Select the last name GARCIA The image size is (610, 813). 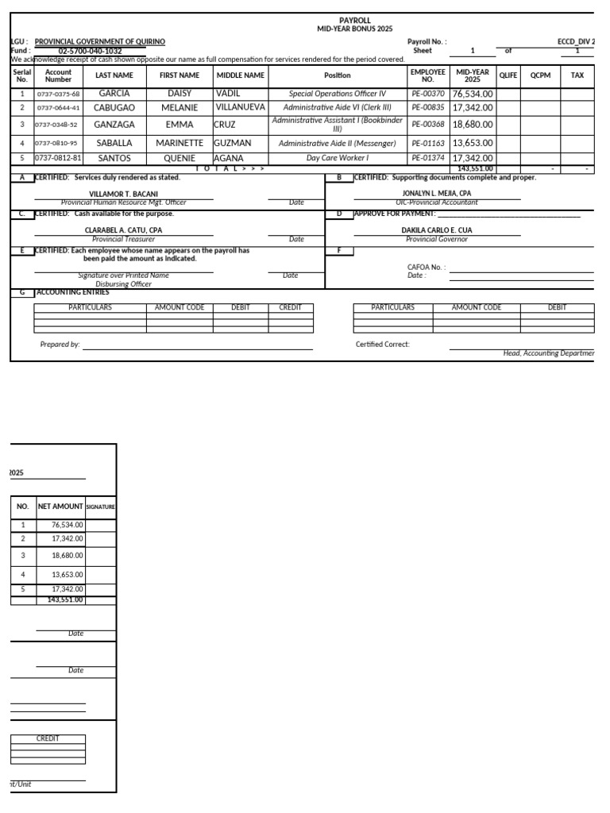(x=114, y=94)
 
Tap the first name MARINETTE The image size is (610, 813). (x=180, y=144)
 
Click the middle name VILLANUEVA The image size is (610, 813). (x=240, y=107)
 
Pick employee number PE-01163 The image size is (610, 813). (x=428, y=144)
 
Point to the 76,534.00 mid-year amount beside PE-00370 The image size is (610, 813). (x=473, y=94)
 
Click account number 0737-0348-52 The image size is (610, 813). (x=58, y=125)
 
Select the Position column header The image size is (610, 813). (x=338, y=75)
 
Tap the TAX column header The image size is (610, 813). (x=577, y=75)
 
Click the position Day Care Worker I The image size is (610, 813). (x=338, y=158)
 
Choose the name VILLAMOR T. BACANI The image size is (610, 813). (x=123, y=194)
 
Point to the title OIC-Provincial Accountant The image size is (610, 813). (x=437, y=202)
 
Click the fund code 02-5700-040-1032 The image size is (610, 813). (x=90, y=51)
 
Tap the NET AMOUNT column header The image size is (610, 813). (x=60, y=506)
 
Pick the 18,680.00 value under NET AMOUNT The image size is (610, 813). (x=67, y=556)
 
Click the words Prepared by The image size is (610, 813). (x=60, y=345)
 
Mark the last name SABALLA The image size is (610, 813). (x=114, y=144)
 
